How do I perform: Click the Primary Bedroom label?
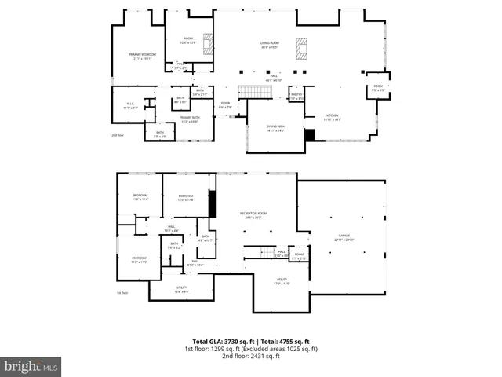pyautogui.click(x=143, y=55)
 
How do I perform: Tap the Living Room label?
pyautogui.click(x=270, y=45)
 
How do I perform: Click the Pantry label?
pyautogui.click(x=296, y=97)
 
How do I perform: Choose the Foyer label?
pyautogui.click(x=224, y=106)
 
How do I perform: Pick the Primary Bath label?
pyautogui.click(x=188, y=119)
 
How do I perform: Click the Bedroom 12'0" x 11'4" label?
pyautogui.click(x=185, y=198)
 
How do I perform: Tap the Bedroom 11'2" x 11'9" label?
pyautogui.click(x=139, y=260)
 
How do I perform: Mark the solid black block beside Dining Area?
pyautogui.click(x=310, y=135)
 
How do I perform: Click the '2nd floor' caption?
pyautogui.click(x=118, y=135)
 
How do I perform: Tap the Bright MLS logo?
pyautogui.click(x=31, y=366)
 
